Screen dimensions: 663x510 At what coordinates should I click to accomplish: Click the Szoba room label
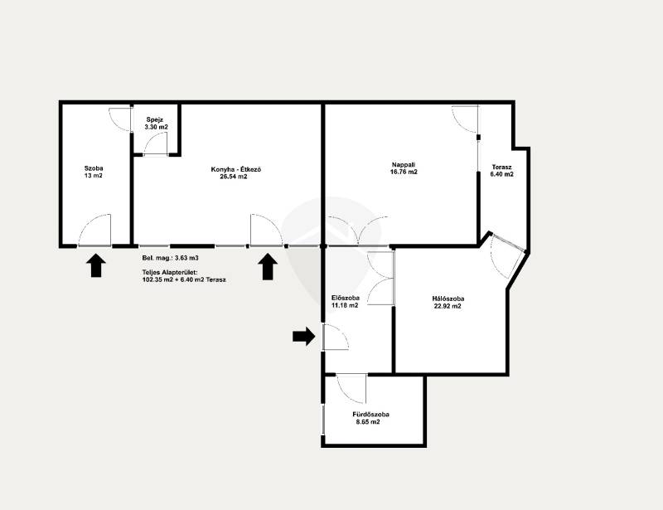pos(94,168)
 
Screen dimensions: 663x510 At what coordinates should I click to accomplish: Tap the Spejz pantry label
pos(155,119)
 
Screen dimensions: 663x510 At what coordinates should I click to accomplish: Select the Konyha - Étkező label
pos(236,169)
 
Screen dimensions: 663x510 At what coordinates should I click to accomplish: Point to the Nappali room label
pos(404,165)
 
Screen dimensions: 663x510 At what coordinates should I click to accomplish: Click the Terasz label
pos(502,167)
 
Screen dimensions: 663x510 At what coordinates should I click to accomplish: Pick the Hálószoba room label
pos(448,299)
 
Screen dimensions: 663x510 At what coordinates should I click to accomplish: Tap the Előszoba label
pos(346,298)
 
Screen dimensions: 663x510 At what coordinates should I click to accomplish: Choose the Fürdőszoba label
pos(370,415)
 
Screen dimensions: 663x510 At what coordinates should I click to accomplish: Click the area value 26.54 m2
pos(234,177)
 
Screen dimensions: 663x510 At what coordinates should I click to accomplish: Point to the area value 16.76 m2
pos(404,172)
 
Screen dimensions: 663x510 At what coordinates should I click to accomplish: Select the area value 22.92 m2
pos(448,306)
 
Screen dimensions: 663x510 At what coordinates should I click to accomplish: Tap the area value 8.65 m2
pos(368,422)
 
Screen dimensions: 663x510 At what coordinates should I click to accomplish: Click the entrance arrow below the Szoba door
pos(96,265)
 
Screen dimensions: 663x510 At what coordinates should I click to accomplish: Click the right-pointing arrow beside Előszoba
pos(304,337)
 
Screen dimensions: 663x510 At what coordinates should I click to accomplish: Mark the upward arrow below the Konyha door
pos(268,267)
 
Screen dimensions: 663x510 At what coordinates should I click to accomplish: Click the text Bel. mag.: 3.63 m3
pos(171,258)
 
